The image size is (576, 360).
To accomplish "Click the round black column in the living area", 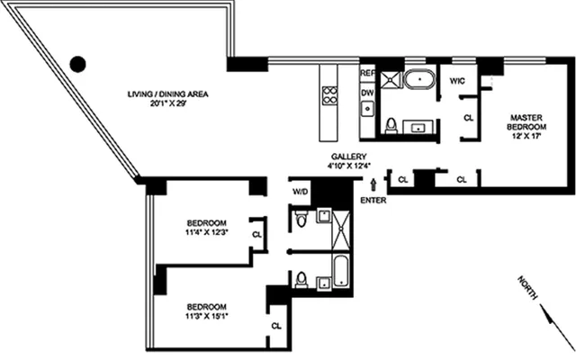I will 78,64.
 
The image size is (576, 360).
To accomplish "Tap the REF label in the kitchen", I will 366,73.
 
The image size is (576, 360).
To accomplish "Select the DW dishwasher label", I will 366,92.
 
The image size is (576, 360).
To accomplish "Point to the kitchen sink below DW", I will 367,109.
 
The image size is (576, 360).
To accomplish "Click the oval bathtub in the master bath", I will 418,78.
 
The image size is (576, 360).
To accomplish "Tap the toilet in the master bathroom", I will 391,125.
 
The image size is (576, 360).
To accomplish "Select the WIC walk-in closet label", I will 456,79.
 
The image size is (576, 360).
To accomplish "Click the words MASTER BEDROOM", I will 523,122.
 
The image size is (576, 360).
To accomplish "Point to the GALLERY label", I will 346,157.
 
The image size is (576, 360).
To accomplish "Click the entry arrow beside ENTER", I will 372,186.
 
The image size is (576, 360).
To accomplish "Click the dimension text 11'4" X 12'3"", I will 206,233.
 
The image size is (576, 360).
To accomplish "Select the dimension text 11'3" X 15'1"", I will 206,316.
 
